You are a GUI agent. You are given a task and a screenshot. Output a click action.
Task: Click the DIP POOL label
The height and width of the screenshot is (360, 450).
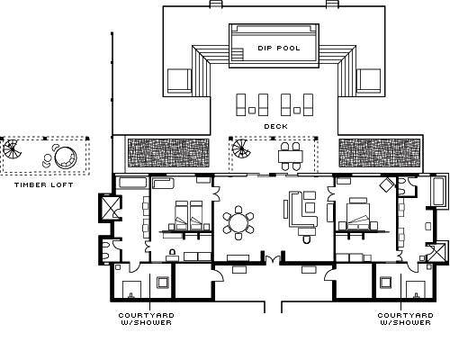(x=279, y=48)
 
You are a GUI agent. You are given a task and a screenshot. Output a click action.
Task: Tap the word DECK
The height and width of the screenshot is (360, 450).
(x=275, y=127)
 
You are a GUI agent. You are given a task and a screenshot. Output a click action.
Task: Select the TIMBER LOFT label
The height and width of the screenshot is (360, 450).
(x=44, y=184)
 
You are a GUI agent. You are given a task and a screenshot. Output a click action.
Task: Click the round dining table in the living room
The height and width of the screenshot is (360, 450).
(x=238, y=222)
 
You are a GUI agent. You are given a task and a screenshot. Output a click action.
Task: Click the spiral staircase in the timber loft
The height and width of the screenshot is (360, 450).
(x=13, y=149)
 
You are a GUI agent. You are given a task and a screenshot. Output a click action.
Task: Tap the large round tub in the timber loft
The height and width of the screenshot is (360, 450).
(x=66, y=157)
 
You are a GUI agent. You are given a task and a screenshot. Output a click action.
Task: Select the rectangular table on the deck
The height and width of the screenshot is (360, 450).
(x=290, y=157)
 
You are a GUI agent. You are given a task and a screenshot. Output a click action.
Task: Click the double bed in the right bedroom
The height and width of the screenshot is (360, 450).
(x=358, y=214)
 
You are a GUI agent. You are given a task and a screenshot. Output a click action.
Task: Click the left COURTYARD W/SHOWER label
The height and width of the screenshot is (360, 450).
(x=146, y=319)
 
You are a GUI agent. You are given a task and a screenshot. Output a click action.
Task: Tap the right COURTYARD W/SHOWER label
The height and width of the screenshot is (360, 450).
(x=405, y=319)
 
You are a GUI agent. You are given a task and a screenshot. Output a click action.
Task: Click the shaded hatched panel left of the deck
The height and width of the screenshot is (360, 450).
(x=168, y=153)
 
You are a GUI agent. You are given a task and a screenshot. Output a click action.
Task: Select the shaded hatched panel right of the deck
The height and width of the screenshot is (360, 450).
(x=379, y=153)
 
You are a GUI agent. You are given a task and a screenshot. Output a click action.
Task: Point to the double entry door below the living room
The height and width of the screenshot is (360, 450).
(x=273, y=260)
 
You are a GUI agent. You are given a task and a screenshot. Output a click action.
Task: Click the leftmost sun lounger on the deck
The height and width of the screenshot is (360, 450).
(x=241, y=104)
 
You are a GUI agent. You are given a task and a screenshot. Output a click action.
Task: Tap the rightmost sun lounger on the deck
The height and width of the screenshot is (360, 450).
(x=308, y=104)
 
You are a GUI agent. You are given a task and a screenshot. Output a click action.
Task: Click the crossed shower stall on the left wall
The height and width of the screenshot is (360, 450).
(x=110, y=208)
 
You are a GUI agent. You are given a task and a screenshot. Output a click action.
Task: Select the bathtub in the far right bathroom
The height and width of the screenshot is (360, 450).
(x=440, y=191)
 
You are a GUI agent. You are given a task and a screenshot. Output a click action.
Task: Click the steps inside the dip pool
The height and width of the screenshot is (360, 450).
(x=238, y=54)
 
